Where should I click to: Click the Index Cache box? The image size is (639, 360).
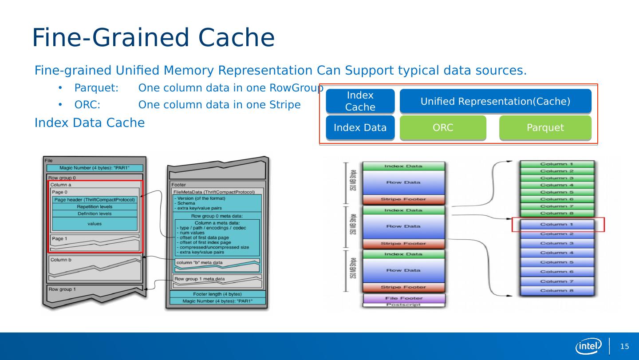coord(360,101)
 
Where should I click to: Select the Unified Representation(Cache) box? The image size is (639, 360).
coord(495,101)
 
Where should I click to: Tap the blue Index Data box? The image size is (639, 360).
coord(360,128)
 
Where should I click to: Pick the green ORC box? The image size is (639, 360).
coord(443,128)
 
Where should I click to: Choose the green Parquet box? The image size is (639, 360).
coord(545,128)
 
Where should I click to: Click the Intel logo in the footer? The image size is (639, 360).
coord(588,346)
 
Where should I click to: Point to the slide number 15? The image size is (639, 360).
coord(624,347)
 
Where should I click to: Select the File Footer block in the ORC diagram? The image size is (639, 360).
coord(404,298)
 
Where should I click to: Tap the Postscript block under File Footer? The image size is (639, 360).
coord(404,305)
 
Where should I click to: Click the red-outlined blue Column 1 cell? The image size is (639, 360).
coord(557,225)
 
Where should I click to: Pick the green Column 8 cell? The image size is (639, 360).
coord(557,213)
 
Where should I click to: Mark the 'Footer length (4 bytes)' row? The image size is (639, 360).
coord(217,294)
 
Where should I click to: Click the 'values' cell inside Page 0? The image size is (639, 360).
coord(95,224)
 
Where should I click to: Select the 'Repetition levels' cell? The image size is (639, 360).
coord(95,207)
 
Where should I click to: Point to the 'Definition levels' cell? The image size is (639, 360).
coord(95,214)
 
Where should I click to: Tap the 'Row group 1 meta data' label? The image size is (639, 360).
coord(200,279)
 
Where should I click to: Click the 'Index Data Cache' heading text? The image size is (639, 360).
coord(90,123)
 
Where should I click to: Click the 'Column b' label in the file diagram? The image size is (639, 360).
coord(61,260)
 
